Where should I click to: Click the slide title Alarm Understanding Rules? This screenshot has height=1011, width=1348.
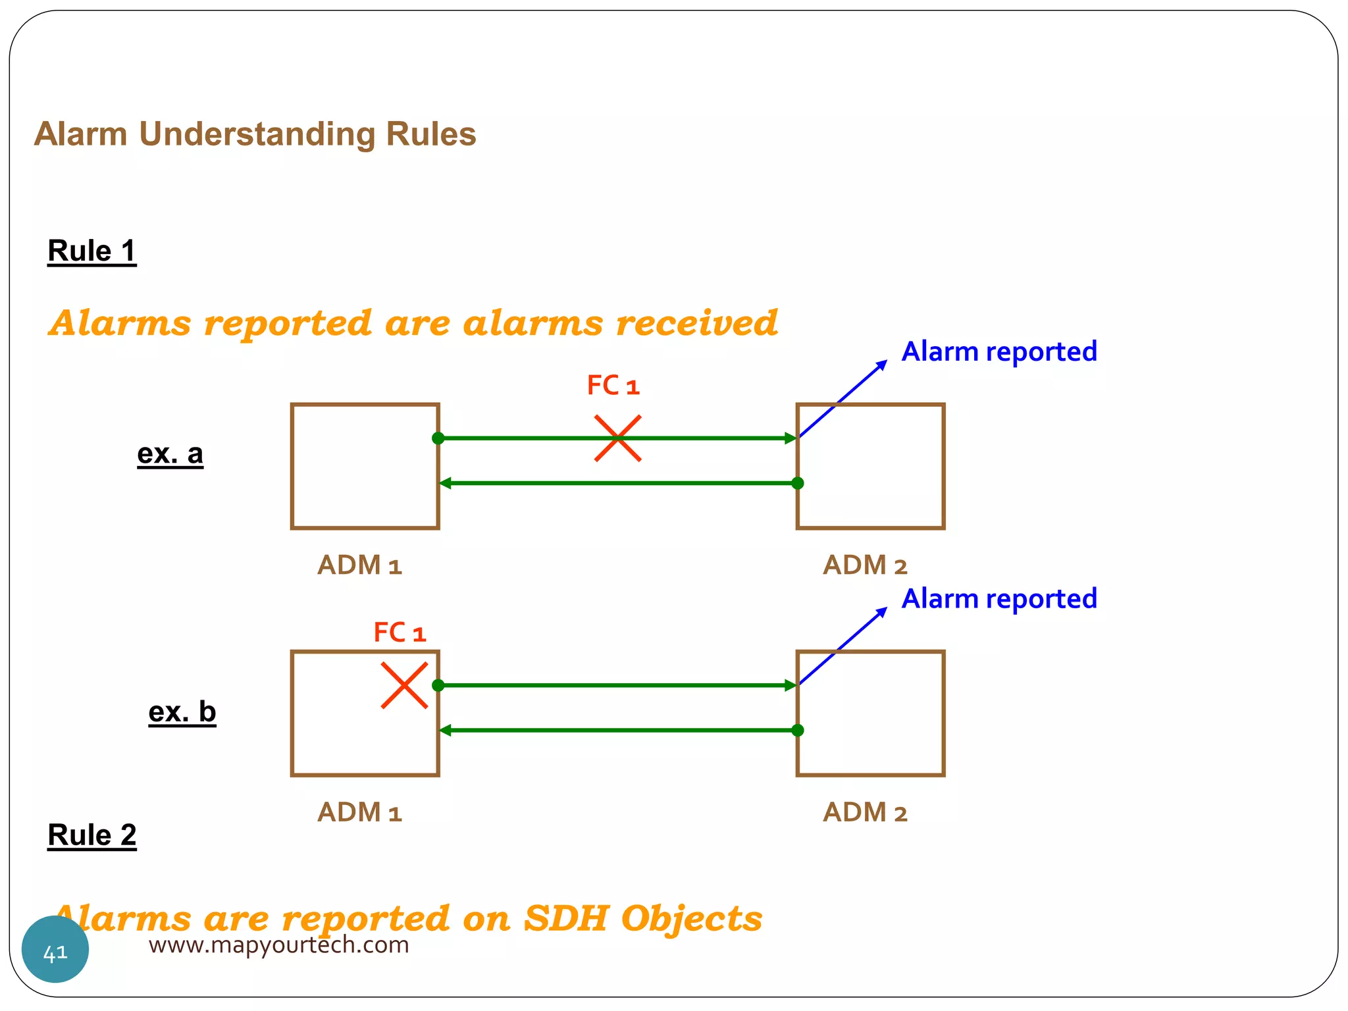(255, 134)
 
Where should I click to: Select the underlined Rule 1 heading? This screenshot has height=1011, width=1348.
(91, 251)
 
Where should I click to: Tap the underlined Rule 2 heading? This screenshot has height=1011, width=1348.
(91, 835)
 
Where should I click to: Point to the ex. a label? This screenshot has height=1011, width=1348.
(170, 454)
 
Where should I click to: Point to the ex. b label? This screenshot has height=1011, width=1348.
(182, 712)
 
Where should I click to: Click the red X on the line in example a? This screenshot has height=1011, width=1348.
(617, 438)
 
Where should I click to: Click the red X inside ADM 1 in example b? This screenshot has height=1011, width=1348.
(404, 685)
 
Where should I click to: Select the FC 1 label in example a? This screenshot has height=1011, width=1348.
(613, 386)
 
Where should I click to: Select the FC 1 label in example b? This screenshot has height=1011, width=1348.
(400, 633)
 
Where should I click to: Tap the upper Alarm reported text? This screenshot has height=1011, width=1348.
(998, 351)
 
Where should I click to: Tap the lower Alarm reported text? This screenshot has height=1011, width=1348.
(998, 599)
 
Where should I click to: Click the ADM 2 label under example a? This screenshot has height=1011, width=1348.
(864, 565)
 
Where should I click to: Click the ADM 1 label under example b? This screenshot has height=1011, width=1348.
(359, 813)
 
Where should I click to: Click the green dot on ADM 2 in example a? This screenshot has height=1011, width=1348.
(798, 483)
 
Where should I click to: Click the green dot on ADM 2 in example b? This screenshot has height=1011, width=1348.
(798, 730)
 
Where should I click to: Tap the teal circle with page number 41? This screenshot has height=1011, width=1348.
(55, 950)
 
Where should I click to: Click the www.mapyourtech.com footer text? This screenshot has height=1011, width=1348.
(278, 945)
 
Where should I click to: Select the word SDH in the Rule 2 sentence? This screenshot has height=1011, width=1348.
(565, 918)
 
